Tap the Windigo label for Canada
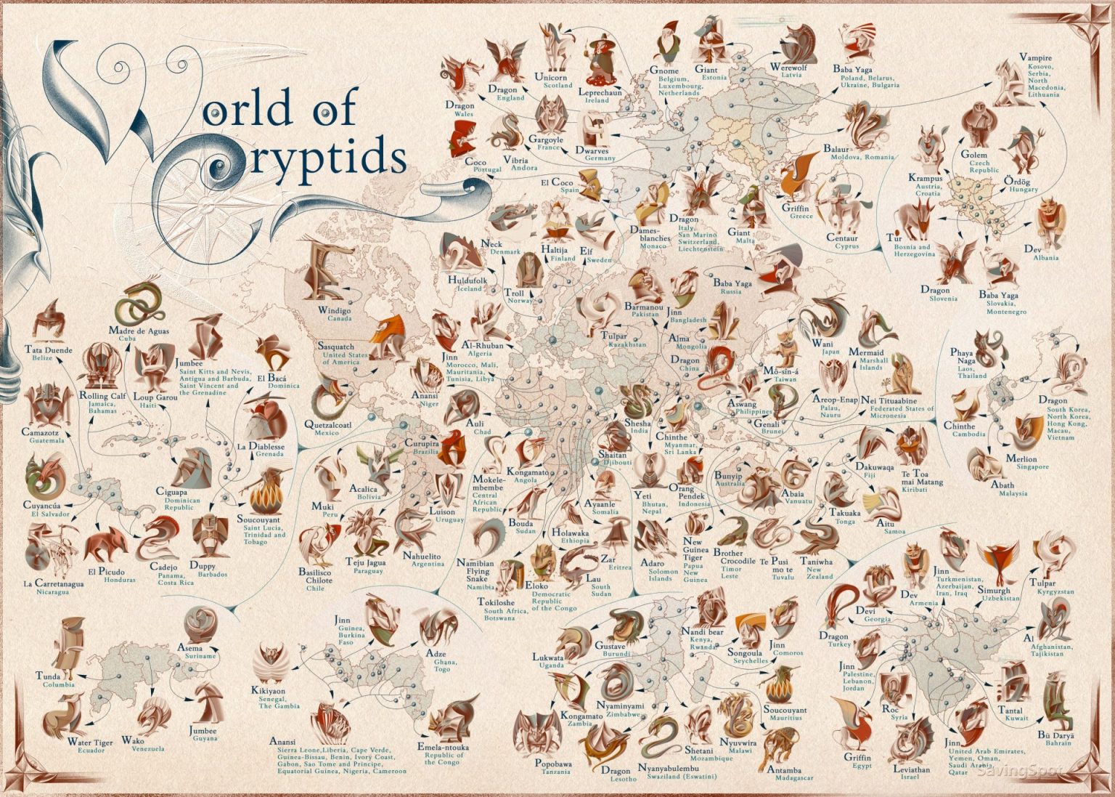tap(335, 310)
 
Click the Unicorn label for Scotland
tap(550, 77)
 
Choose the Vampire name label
tap(1035, 57)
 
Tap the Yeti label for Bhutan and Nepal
tap(642, 495)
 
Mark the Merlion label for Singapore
tap(1021, 459)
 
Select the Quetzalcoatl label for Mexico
tap(327, 425)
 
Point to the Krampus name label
tap(925, 178)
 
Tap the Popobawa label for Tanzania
tap(553, 764)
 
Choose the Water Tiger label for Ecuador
tap(90, 742)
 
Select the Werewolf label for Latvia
tap(790, 68)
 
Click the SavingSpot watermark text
tap(1019, 770)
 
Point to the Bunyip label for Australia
tap(729, 475)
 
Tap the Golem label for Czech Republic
tap(973, 155)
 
